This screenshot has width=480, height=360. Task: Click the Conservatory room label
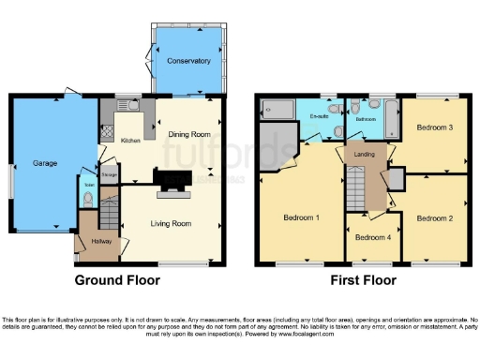[x=188, y=61]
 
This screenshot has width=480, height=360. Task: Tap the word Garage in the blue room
[x=46, y=162]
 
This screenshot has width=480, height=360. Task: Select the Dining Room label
[x=187, y=134]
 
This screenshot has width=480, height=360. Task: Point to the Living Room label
[x=172, y=223]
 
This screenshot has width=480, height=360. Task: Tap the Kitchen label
[x=131, y=141]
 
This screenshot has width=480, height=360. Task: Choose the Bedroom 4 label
[x=372, y=237]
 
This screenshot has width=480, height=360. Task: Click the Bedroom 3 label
[x=434, y=127]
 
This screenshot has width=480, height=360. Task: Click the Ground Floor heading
[x=118, y=279]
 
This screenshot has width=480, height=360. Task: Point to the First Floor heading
[x=361, y=279]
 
